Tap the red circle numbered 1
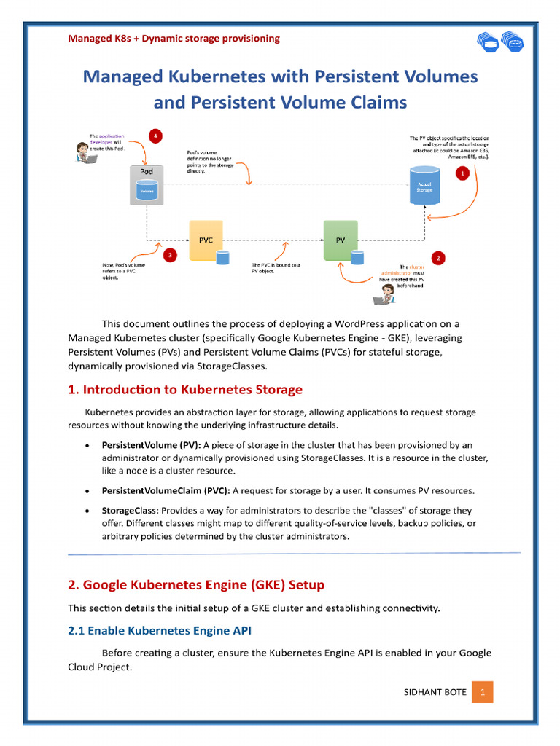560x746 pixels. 461,174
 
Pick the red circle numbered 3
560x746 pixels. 170,255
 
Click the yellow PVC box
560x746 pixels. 206,240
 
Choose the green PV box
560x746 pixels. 341,240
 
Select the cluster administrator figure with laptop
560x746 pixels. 384,294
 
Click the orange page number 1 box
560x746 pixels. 482,691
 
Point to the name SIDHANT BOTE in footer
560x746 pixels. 435,692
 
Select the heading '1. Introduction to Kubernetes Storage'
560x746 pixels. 185,390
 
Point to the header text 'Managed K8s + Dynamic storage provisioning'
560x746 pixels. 174,39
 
